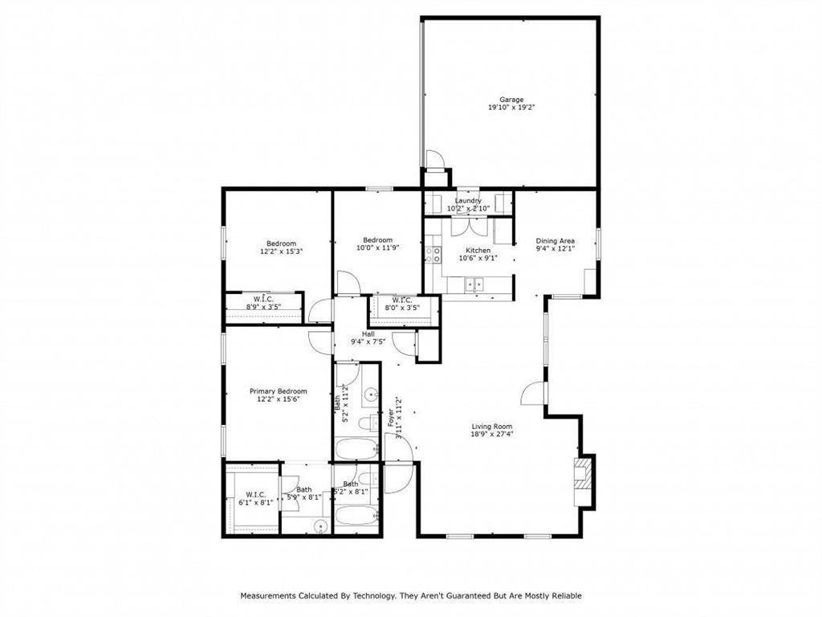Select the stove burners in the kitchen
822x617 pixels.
click(434, 255)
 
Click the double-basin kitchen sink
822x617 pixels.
click(474, 283)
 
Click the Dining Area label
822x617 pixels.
click(555, 241)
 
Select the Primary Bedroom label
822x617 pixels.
click(278, 391)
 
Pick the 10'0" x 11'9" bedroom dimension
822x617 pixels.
click(377, 247)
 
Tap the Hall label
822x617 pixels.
click(368, 334)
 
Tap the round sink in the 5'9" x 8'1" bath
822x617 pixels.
click(320, 527)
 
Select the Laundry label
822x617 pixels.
click(468, 201)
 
